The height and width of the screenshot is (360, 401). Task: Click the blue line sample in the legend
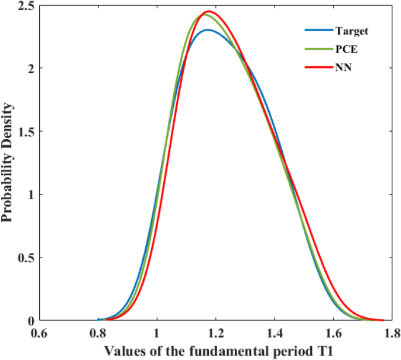pos(316,30)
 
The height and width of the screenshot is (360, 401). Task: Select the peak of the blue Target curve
pos(208,30)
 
